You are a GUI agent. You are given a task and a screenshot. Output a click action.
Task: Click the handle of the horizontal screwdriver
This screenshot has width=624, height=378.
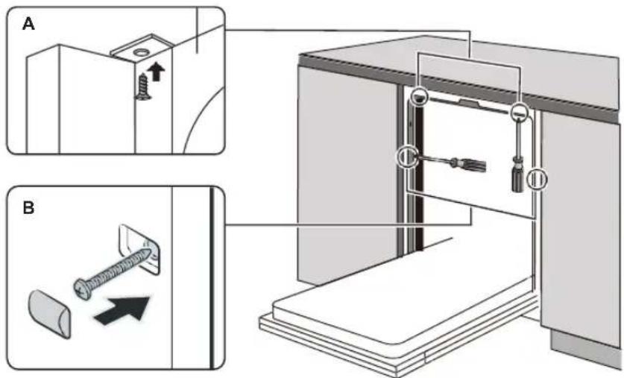(x=470, y=163)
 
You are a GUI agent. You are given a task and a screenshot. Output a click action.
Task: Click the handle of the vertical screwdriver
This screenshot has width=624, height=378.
(x=515, y=178)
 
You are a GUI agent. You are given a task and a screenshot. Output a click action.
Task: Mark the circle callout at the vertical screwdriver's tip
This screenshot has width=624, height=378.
(x=518, y=113)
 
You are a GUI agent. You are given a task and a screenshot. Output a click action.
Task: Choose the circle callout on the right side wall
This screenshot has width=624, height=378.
(x=537, y=179)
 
